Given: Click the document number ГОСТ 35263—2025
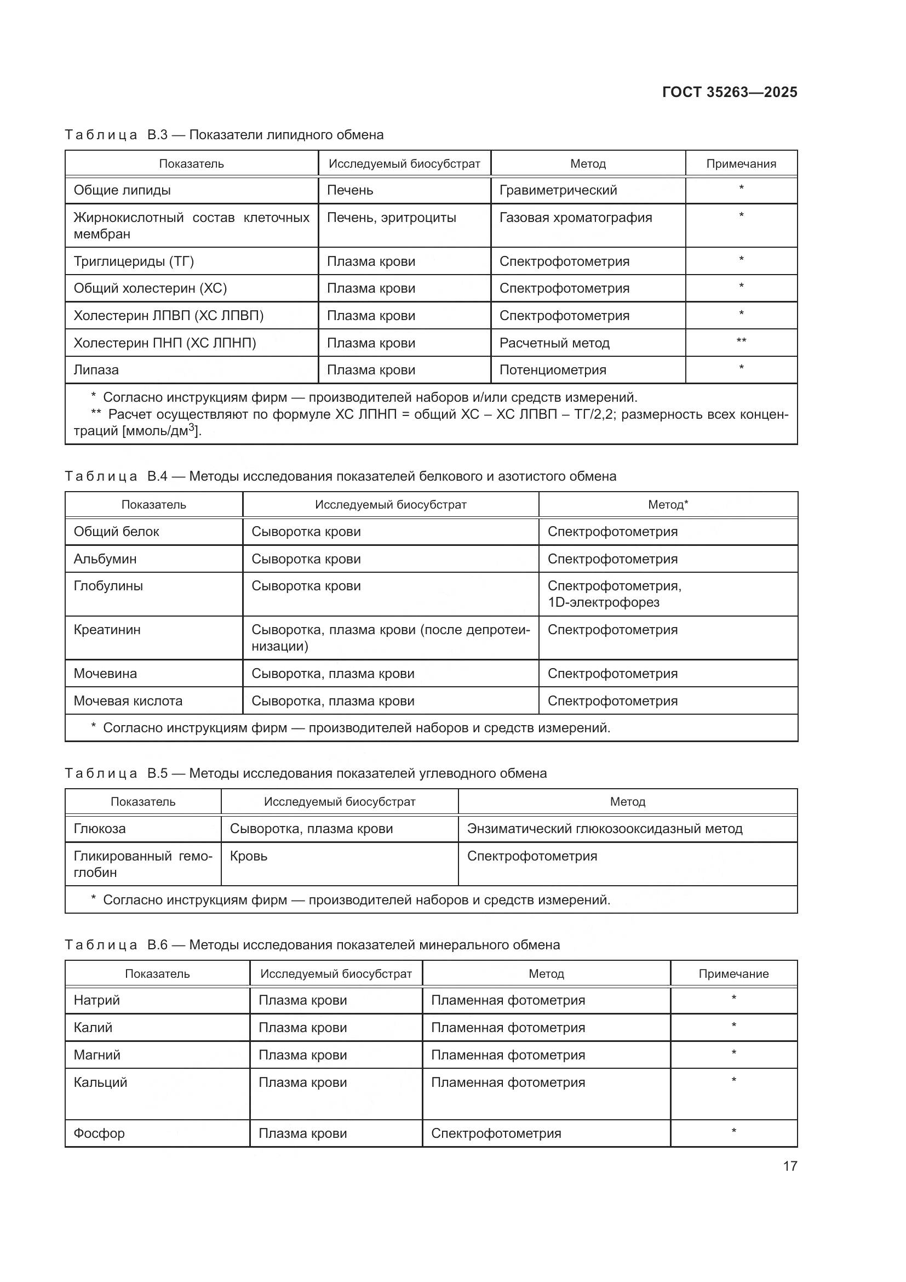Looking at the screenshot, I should coord(729,92).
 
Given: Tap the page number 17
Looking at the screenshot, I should coord(789,1166).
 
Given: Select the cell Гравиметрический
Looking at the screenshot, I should coord(558,190).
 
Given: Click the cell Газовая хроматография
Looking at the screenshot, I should coord(575,218).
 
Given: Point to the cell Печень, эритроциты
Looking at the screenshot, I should coord(391,218).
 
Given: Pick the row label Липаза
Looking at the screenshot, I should coord(96,369).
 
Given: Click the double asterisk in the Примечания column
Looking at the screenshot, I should coord(741,341).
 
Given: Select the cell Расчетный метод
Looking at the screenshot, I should coord(554,343).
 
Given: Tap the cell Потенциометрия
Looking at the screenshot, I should coord(552,369).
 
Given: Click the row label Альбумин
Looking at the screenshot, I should coord(105,559).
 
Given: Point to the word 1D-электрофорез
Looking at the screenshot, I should coord(603,602).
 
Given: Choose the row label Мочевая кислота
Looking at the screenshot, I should coord(128,701).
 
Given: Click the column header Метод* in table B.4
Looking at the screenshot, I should coord(668,505).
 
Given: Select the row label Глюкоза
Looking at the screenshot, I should coord(99,829).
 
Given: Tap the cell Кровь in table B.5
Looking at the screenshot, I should coord(248,856).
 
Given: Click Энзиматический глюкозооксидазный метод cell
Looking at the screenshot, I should coord(605,829).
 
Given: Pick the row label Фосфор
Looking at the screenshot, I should coord(99,1133).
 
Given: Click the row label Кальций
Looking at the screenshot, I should coord(100,1082).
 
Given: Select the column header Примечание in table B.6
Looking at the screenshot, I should coord(733,974).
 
